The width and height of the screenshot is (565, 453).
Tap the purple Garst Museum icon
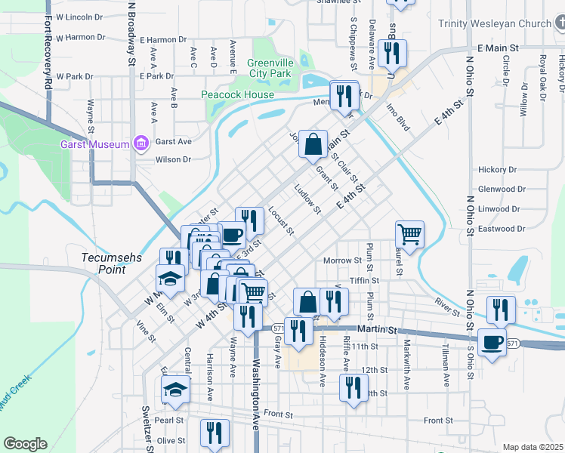tap(139, 143)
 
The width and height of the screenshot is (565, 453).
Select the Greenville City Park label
tap(270, 69)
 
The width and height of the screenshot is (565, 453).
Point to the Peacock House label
tap(237, 94)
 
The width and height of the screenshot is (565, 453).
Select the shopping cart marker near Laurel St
tap(409, 234)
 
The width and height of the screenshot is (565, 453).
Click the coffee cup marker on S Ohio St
tap(492, 342)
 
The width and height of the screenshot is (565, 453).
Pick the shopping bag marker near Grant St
tap(313, 143)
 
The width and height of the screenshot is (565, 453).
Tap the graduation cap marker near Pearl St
tap(175, 390)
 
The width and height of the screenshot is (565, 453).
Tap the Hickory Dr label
tap(496, 170)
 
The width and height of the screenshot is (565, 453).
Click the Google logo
tap(25, 444)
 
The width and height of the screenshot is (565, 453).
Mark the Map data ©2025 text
tap(532, 447)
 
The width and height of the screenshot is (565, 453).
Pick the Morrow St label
tap(342, 260)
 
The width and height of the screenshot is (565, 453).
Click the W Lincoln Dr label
tap(79, 16)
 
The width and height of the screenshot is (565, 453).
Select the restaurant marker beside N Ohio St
tap(501, 310)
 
